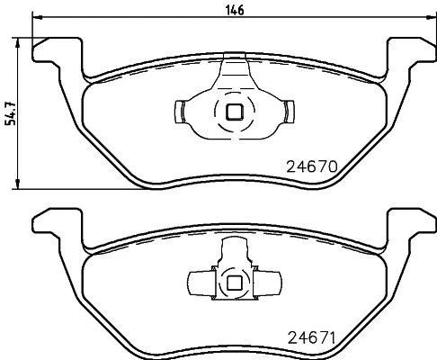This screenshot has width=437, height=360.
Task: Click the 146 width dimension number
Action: point(233,10)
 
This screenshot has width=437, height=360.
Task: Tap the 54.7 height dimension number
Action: point(10,112)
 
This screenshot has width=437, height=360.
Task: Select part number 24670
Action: point(310,166)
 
